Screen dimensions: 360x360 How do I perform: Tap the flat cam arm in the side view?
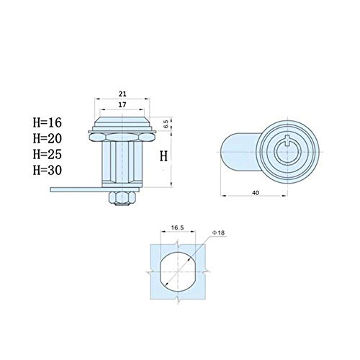point(76,189)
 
